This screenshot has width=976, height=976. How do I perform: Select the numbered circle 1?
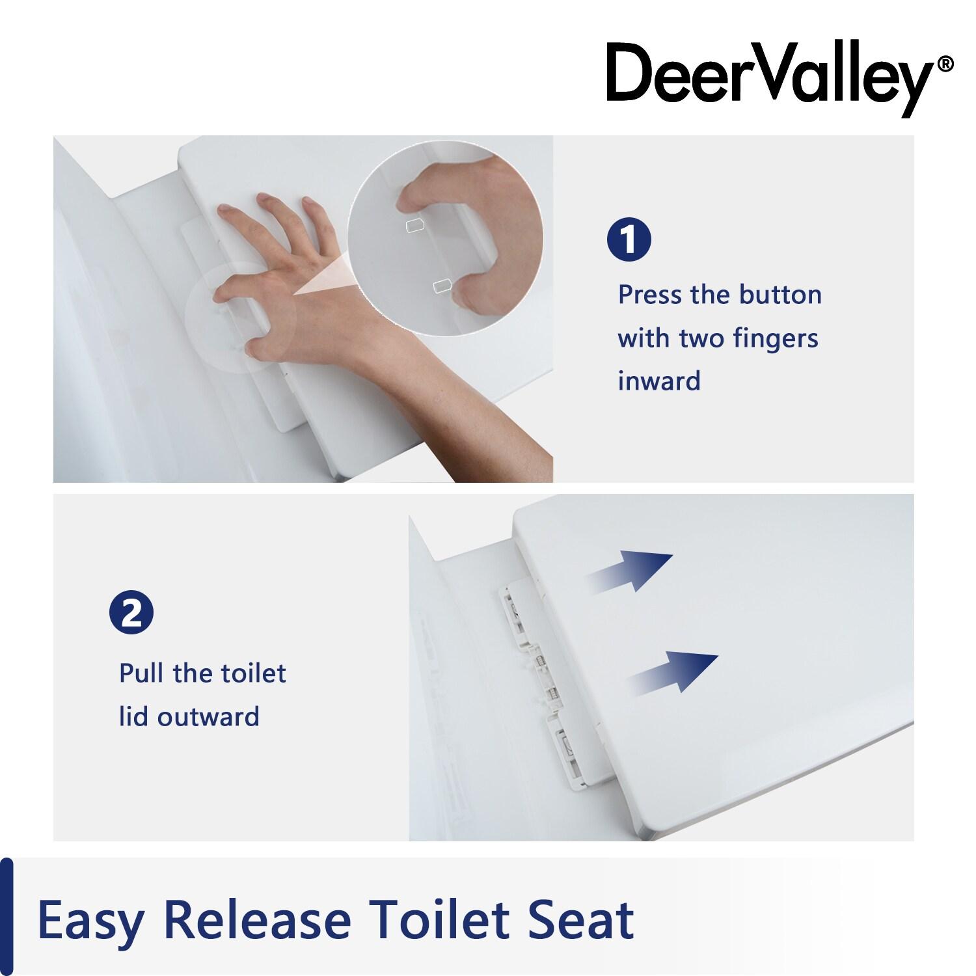point(629,239)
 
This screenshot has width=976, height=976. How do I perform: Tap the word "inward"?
point(658,381)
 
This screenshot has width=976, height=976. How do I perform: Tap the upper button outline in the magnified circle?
point(414,226)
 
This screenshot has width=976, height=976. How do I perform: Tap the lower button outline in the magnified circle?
point(442,284)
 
